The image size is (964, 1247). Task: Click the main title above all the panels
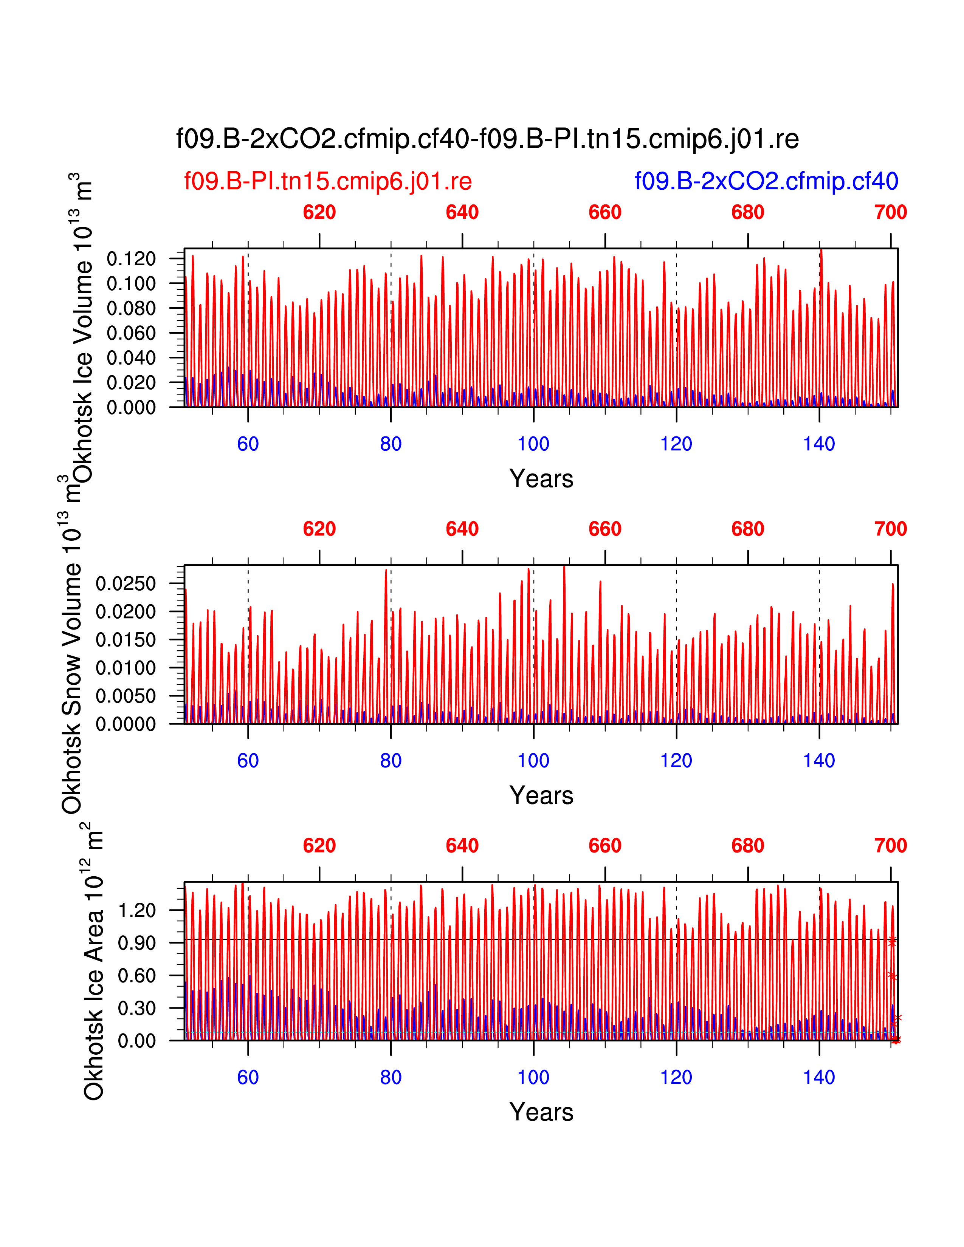(487, 139)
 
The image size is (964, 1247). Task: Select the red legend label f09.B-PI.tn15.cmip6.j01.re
(328, 181)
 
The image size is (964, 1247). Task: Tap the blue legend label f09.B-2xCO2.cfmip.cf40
(766, 181)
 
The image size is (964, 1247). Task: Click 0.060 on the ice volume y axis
(131, 333)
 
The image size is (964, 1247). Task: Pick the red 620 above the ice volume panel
(319, 212)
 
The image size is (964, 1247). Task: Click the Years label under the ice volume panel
(541, 478)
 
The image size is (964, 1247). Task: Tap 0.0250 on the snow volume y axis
(126, 583)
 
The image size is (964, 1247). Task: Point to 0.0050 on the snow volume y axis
(126, 696)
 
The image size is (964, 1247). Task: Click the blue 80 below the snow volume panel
(391, 761)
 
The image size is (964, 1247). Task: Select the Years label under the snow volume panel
(541, 795)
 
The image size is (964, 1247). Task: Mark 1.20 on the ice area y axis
(136, 910)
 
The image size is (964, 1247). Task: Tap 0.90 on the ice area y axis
(136, 943)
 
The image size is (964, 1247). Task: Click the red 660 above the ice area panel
(605, 846)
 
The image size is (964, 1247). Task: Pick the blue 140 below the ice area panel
(819, 1077)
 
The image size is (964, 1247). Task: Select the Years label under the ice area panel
(541, 1112)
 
